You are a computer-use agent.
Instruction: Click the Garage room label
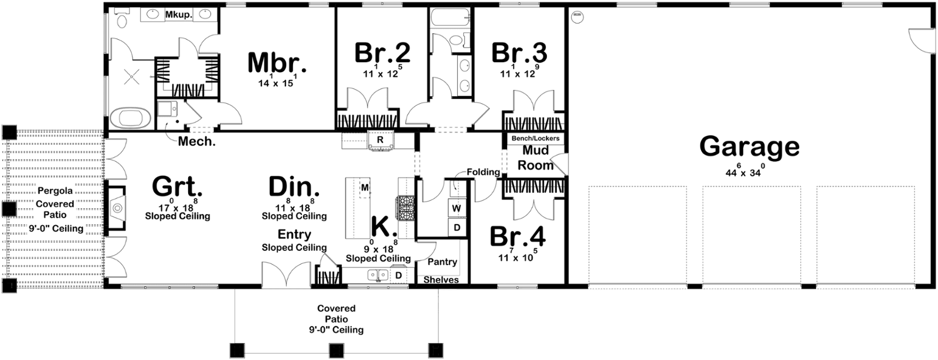click(x=749, y=147)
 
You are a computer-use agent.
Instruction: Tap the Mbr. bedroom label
click(x=277, y=63)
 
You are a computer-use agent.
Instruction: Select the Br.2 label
click(x=382, y=53)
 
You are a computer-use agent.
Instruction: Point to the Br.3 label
click(x=519, y=53)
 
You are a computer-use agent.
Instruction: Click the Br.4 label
click(x=518, y=236)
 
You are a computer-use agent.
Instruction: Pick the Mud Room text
click(x=536, y=157)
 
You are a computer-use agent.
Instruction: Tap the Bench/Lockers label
click(x=536, y=138)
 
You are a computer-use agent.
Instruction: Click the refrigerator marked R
click(x=380, y=141)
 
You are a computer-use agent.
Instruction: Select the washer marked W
click(x=457, y=208)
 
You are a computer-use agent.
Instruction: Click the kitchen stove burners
click(x=405, y=208)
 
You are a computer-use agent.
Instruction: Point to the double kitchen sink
click(x=378, y=275)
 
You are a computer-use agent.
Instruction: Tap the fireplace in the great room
click(x=115, y=208)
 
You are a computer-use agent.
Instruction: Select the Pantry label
click(x=442, y=261)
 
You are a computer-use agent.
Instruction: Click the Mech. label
click(x=197, y=141)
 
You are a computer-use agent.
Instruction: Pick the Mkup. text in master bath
click(x=179, y=15)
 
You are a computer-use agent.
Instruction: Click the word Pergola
click(x=55, y=191)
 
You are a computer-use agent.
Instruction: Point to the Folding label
click(x=483, y=172)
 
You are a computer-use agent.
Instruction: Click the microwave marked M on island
click(x=365, y=188)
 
